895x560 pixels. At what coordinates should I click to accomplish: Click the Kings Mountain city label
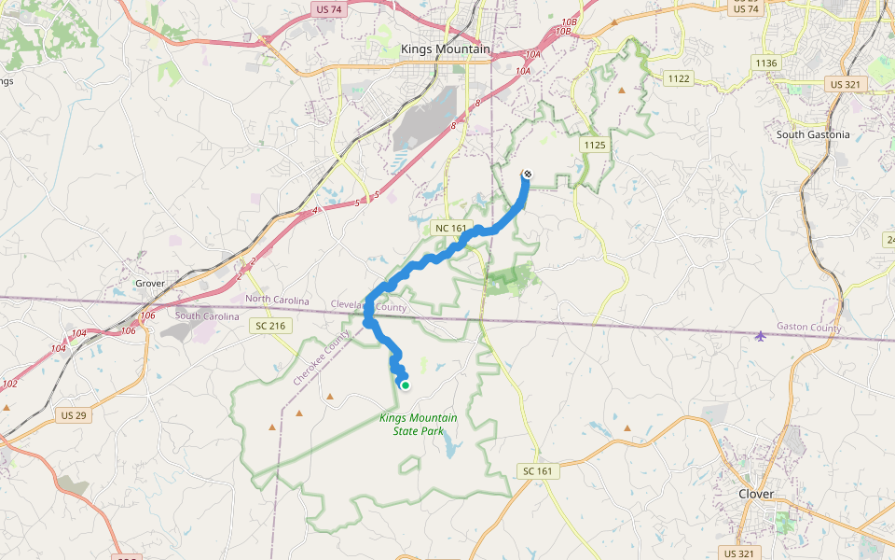pyautogui.click(x=445, y=49)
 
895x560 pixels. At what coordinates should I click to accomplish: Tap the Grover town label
pyautogui.click(x=149, y=283)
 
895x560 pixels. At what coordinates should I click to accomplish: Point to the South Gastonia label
pyautogui.click(x=813, y=134)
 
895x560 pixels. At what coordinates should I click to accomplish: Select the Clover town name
pyautogui.click(x=756, y=493)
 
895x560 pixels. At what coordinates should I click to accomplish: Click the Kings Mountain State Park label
pyautogui.click(x=419, y=424)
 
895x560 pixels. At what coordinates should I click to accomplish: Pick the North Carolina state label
pyautogui.click(x=277, y=299)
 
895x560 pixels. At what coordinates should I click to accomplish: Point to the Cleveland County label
pyautogui.click(x=370, y=306)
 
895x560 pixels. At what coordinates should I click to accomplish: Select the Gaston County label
pyautogui.click(x=808, y=329)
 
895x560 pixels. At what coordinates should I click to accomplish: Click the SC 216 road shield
pyautogui.click(x=271, y=325)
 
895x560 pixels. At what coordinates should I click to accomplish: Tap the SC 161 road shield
pyautogui.click(x=538, y=471)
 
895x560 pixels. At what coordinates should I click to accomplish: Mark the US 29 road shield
pyautogui.click(x=73, y=413)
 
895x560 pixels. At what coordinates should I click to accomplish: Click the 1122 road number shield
pyautogui.click(x=679, y=78)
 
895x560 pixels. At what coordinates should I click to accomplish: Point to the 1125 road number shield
pyautogui.click(x=594, y=145)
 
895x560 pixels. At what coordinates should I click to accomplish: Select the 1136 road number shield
pyautogui.click(x=766, y=63)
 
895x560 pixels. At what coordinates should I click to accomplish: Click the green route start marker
pyautogui.click(x=406, y=385)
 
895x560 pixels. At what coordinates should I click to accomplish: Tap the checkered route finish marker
pyautogui.click(x=528, y=174)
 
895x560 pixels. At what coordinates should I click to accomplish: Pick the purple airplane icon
pyautogui.click(x=762, y=335)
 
